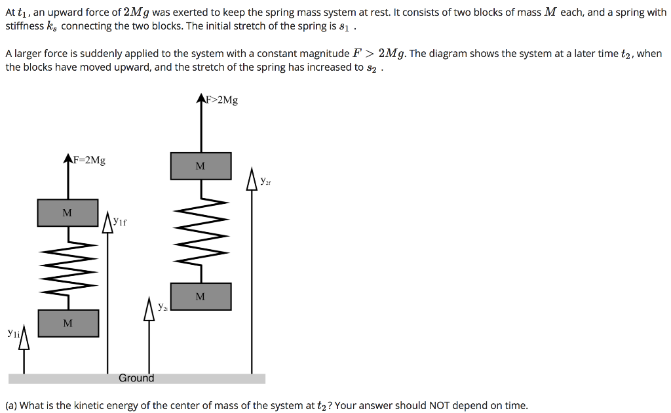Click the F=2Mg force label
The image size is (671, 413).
tap(89, 160)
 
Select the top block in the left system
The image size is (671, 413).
tap(67, 213)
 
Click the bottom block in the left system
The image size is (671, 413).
tap(67, 323)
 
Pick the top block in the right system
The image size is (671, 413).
tap(201, 166)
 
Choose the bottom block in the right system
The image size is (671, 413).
tap(201, 296)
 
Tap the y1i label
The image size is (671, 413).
tap(14, 333)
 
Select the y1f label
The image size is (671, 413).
tap(119, 222)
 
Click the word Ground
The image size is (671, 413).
tap(136, 378)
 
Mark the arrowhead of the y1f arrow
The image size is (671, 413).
tap(108, 221)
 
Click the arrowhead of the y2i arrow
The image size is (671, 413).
tap(150, 309)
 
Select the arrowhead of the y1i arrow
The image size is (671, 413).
tap(25, 337)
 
